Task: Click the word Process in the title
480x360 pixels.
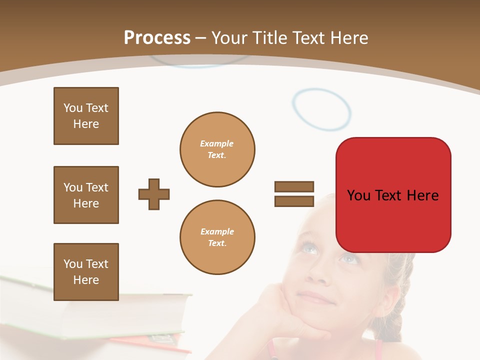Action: coord(157,38)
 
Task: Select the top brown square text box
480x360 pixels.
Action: coord(86,116)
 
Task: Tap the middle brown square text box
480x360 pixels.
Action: coord(86,195)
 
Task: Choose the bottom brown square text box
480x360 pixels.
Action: coord(86,272)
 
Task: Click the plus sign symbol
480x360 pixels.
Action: coord(154,194)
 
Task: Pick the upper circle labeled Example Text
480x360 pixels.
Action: coord(217,149)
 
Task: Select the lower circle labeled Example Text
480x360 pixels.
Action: coord(217,237)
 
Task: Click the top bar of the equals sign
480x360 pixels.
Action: coord(294,187)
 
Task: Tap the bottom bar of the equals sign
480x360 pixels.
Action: coord(294,201)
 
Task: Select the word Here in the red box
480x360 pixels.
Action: coord(422,195)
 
